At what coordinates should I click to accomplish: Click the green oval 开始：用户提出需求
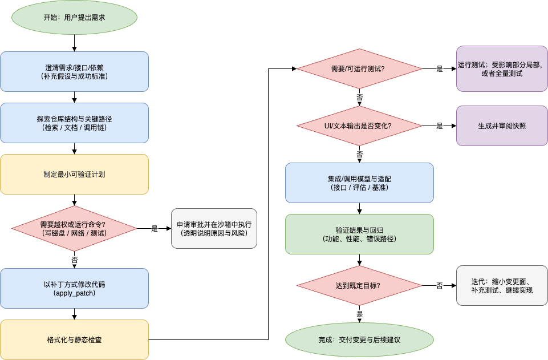pos(74,17)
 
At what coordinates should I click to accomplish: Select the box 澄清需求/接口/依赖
pos(74,71)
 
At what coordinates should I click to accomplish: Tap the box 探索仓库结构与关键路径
pos(74,123)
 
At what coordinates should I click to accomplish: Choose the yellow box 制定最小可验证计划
pos(74,174)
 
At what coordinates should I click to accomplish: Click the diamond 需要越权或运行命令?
pos(74,228)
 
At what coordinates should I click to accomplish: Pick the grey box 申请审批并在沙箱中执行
pos(214,228)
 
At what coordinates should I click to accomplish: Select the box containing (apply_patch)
pos(74,288)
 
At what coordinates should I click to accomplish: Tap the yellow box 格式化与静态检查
pos(74,339)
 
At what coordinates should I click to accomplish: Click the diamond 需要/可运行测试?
pos(359,69)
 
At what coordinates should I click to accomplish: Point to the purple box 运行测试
pos(502,69)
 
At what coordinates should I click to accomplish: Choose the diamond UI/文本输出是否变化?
pos(359,126)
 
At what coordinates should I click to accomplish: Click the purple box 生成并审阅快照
pos(502,126)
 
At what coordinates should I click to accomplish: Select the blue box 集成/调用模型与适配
pos(359,183)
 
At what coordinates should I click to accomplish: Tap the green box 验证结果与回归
pos(359,234)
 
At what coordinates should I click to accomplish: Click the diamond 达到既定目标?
pos(359,285)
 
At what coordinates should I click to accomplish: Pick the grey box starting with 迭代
pos(502,285)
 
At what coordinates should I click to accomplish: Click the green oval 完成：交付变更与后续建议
pos(359,339)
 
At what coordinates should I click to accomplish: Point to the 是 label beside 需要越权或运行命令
pos(155,229)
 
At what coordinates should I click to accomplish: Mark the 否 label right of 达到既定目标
pos(440,286)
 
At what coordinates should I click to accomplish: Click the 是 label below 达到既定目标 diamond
pos(360,314)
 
